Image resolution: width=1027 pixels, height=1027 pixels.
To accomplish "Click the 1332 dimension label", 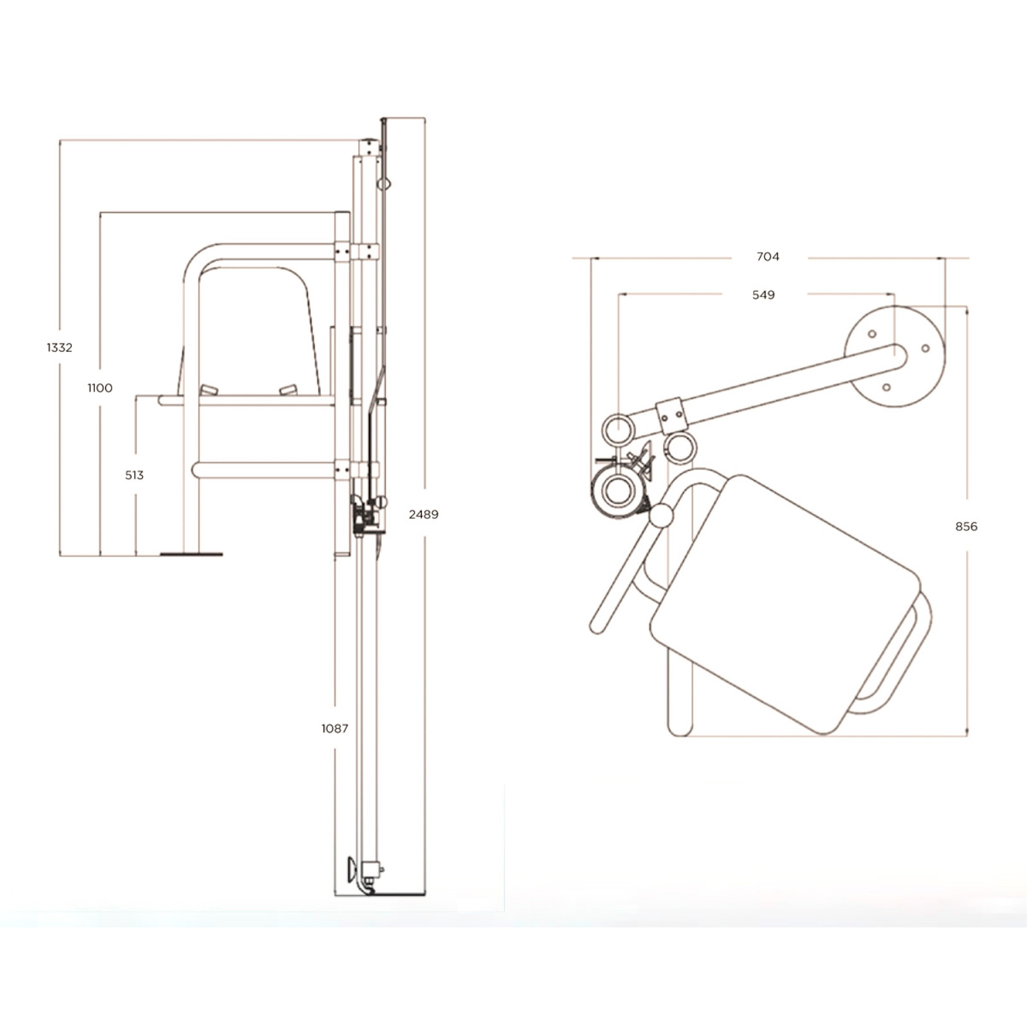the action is click(x=59, y=347).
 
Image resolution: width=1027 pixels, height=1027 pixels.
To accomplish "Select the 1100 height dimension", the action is click(x=100, y=388).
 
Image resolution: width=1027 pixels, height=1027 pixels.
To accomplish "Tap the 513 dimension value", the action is click(x=134, y=475).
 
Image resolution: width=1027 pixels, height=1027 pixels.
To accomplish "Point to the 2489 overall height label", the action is click(x=424, y=514).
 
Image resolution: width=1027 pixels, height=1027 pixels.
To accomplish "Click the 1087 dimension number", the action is click(x=335, y=728).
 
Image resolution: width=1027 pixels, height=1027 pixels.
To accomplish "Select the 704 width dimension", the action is click(x=768, y=257).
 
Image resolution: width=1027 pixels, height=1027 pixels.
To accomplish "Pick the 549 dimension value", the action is click(x=763, y=295).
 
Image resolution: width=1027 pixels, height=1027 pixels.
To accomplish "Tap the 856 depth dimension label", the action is click(x=966, y=526).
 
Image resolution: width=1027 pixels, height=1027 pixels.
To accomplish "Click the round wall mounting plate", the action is click(x=895, y=356).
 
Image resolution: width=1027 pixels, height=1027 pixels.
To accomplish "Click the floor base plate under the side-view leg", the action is click(x=191, y=554).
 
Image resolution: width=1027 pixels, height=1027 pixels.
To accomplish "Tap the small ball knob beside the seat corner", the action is click(x=660, y=515).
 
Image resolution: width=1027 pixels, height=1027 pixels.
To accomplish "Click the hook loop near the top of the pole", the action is click(x=384, y=184).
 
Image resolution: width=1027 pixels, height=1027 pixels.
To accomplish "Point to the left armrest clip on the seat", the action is click(x=209, y=390).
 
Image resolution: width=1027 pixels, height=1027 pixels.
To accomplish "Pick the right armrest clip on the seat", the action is click(x=288, y=390).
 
